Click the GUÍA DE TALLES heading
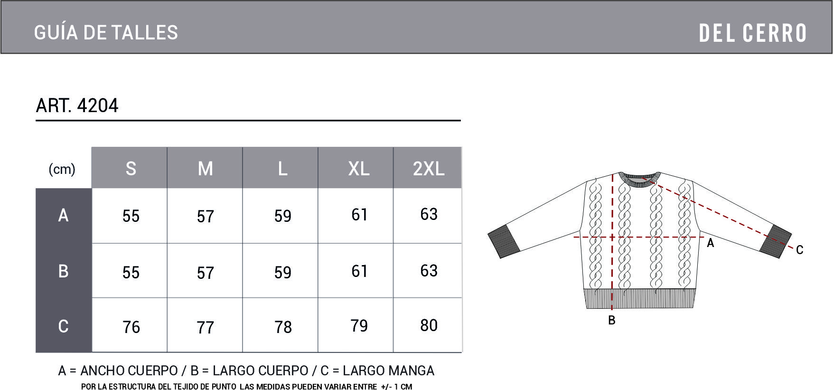tap(106, 33)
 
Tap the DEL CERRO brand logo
tap(753, 33)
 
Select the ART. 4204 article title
tap(77, 105)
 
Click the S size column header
tap(131, 169)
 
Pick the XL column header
tap(359, 169)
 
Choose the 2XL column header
tap(429, 169)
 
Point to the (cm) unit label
tap(62, 169)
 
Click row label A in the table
tap(63, 215)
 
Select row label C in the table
tap(63, 326)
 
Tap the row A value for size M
tap(206, 217)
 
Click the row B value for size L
tap(283, 273)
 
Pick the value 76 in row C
tap(131, 327)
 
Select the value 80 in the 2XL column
tap(429, 325)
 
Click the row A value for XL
tap(359, 215)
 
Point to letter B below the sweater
tap(612, 321)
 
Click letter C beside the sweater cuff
tap(800, 250)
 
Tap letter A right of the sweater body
tap(711, 243)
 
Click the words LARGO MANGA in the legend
tap(389, 371)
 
